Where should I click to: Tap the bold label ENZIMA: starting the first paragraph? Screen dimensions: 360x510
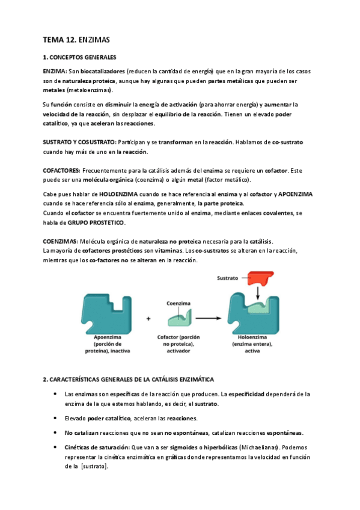[x=54, y=71]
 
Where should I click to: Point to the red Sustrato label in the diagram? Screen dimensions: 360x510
[x=229, y=278]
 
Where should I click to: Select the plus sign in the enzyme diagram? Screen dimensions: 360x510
[x=148, y=319]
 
